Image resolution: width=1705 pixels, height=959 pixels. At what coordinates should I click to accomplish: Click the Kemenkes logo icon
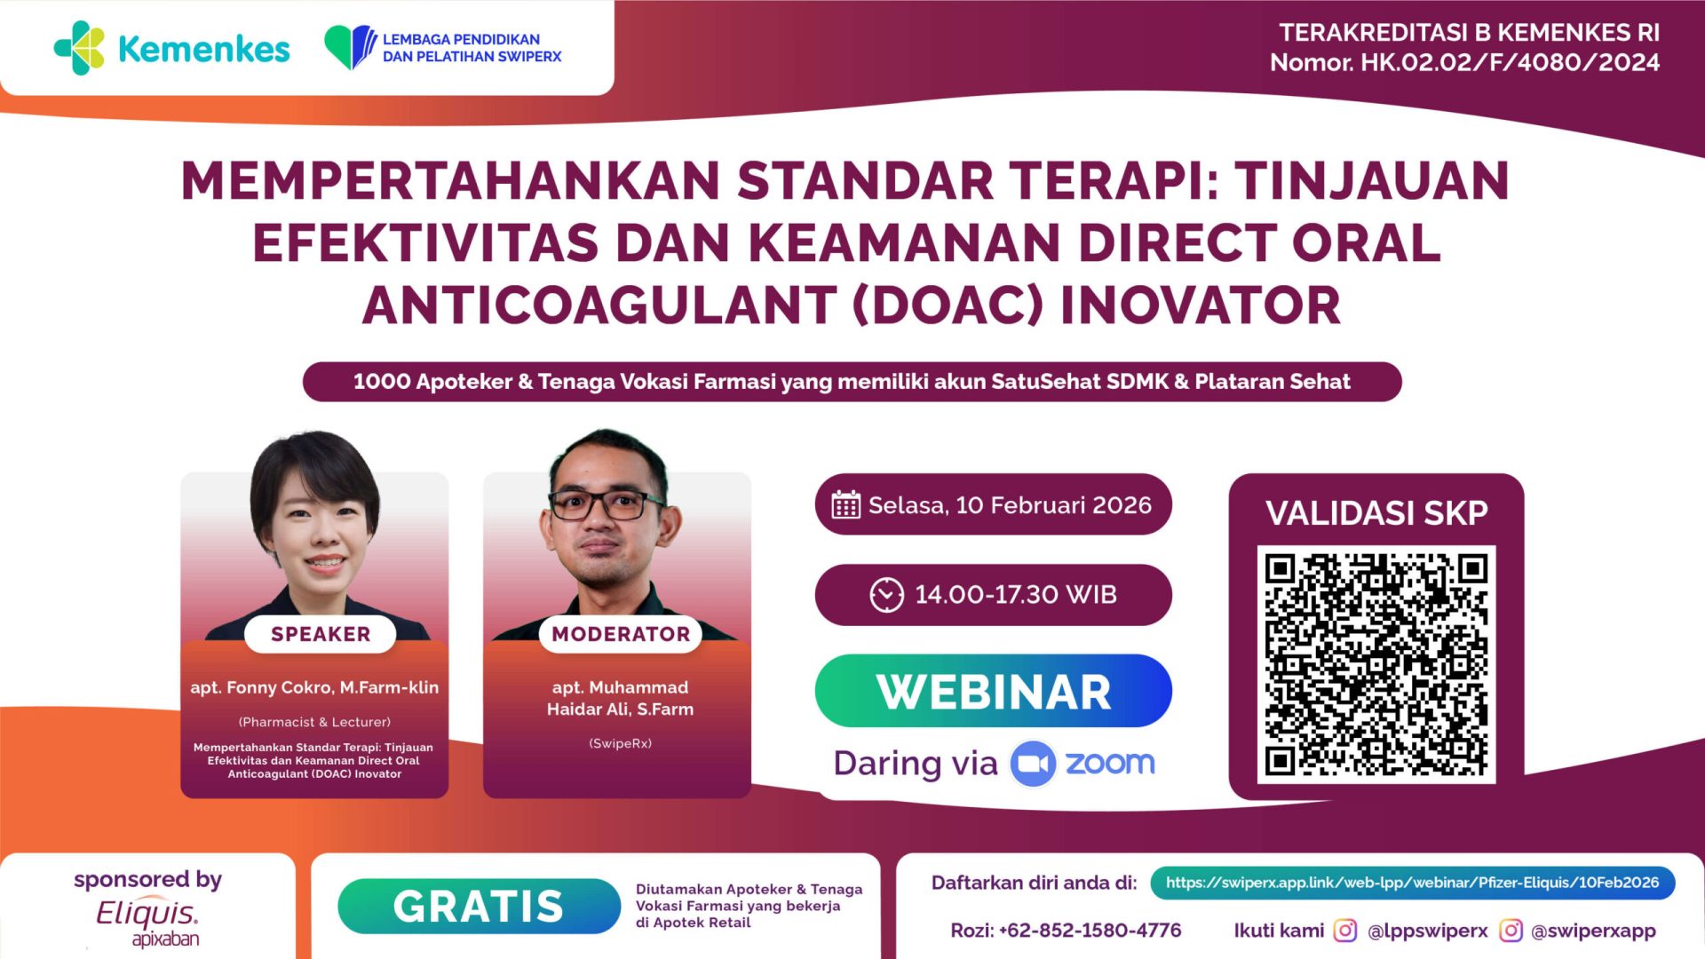(x=79, y=48)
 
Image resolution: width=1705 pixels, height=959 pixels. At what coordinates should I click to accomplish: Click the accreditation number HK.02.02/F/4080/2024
(x=1510, y=62)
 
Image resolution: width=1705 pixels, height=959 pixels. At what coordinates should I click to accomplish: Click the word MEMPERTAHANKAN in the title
(x=450, y=180)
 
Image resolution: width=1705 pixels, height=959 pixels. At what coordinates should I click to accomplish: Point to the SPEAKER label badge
(x=321, y=634)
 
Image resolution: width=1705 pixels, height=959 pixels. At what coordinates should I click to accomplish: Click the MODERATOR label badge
(x=621, y=634)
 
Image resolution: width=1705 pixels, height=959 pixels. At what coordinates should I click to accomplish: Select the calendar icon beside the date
(x=845, y=504)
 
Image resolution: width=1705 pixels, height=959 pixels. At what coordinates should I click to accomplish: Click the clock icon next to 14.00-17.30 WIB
(x=886, y=595)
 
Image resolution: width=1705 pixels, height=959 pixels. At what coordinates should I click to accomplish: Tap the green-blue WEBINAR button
(x=993, y=691)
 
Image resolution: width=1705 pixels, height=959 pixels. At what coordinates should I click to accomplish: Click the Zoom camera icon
(x=1032, y=764)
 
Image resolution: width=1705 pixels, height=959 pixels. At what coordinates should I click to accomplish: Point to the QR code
(x=1376, y=664)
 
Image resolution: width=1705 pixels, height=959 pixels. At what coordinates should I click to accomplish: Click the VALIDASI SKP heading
(x=1376, y=512)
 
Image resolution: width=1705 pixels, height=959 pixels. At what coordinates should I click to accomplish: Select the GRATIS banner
(x=479, y=906)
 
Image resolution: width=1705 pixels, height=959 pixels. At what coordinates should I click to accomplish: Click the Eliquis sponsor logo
(x=147, y=921)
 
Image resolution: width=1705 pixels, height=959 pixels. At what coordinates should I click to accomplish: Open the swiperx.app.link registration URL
(x=1412, y=883)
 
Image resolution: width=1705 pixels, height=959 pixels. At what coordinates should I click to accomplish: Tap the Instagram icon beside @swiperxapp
(x=1511, y=930)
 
